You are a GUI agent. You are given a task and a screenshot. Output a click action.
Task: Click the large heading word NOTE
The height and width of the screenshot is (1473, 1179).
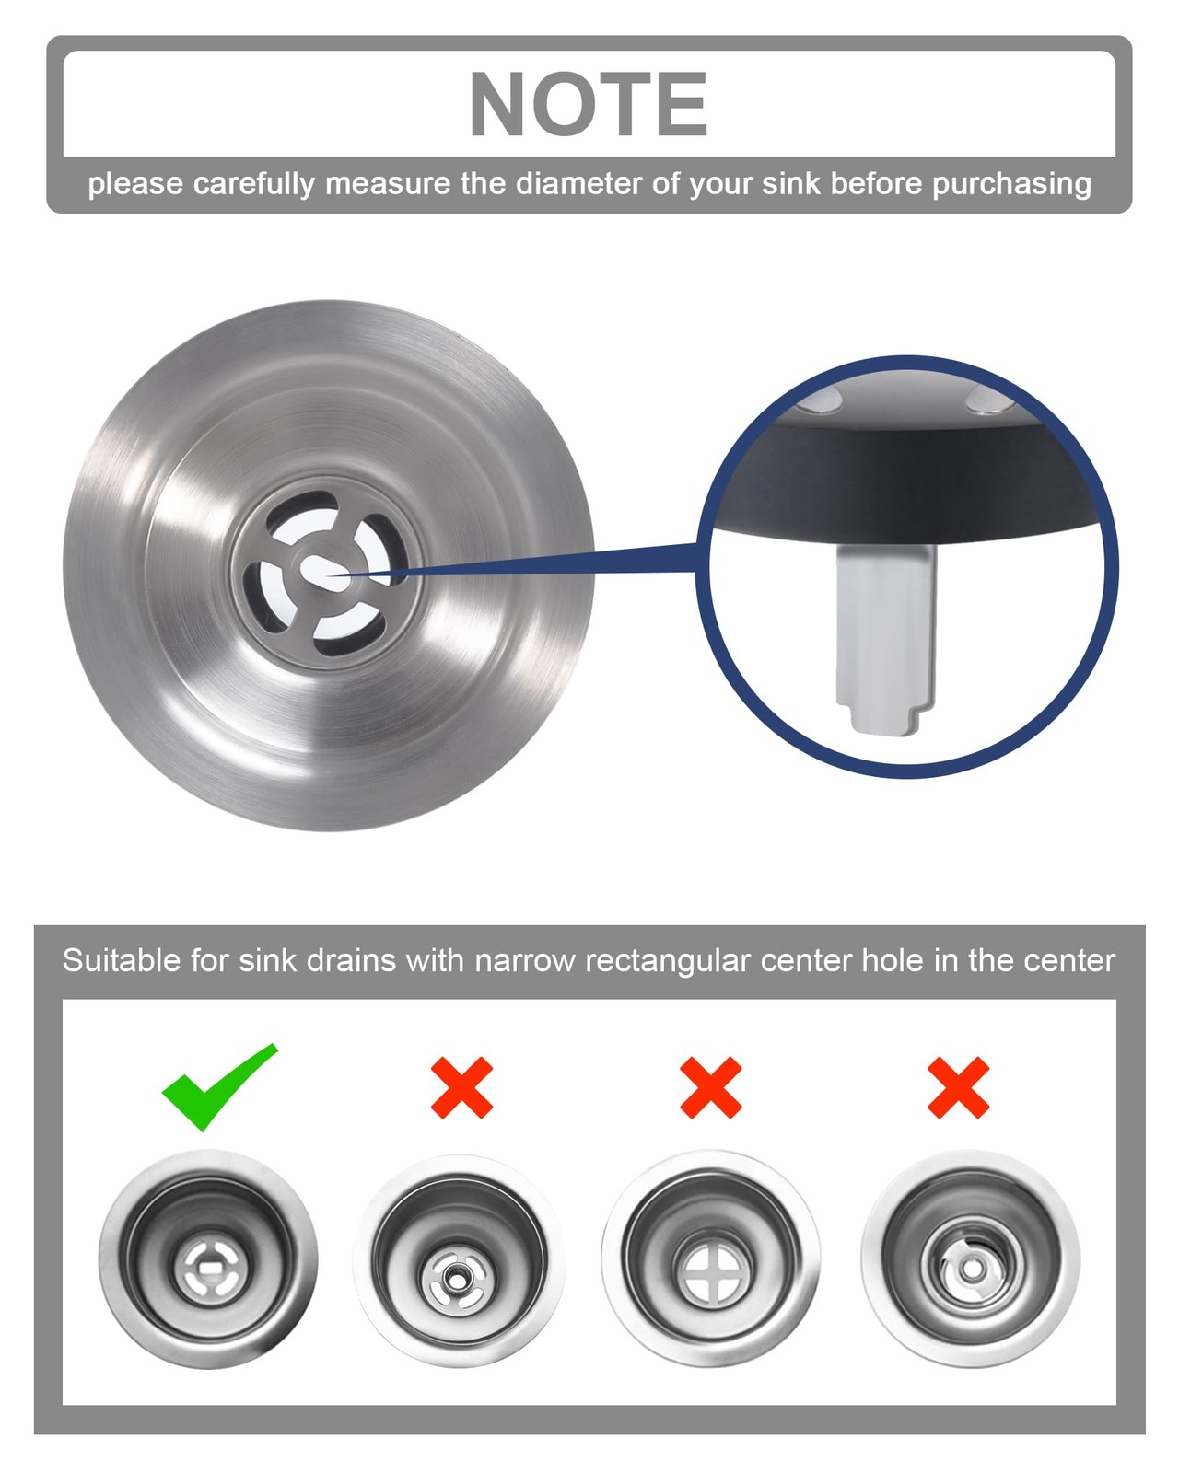coord(588,104)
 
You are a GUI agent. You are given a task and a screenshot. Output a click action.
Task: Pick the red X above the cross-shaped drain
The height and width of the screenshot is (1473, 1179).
coord(710,1087)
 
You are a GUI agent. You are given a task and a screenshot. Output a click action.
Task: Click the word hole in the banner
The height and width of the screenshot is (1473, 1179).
coord(890,960)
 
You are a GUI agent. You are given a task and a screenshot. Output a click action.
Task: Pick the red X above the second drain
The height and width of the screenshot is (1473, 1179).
coord(461,1087)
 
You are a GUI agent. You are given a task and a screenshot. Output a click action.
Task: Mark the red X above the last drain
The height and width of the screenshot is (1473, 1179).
coord(958,1087)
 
